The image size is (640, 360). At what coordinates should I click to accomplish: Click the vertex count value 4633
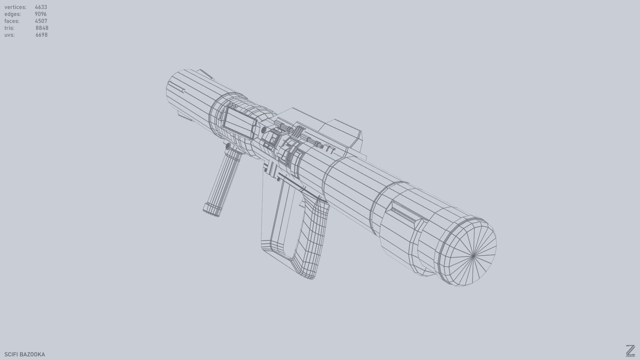point(41,7)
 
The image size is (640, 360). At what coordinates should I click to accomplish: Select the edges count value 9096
point(40,14)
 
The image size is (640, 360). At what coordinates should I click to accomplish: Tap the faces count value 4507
point(41,21)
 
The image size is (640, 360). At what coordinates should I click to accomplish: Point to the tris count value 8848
point(42,28)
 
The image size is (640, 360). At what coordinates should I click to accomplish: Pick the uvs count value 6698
point(41,35)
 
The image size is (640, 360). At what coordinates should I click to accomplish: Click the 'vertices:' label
point(15,7)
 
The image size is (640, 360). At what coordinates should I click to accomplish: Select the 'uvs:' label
point(9,35)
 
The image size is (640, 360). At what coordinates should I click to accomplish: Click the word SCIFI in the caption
point(10,354)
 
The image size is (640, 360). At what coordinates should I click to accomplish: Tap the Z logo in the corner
point(630,351)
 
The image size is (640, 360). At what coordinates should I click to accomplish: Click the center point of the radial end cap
point(473,256)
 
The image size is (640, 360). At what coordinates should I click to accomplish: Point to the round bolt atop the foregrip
point(228,146)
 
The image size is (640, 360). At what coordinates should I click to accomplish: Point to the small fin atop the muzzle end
point(205,74)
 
